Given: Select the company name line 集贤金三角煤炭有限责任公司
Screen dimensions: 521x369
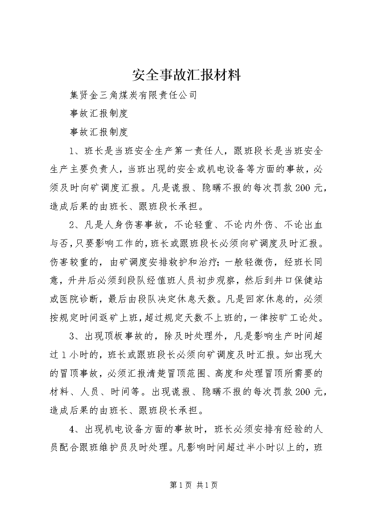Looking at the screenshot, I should [x=133, y=95].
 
